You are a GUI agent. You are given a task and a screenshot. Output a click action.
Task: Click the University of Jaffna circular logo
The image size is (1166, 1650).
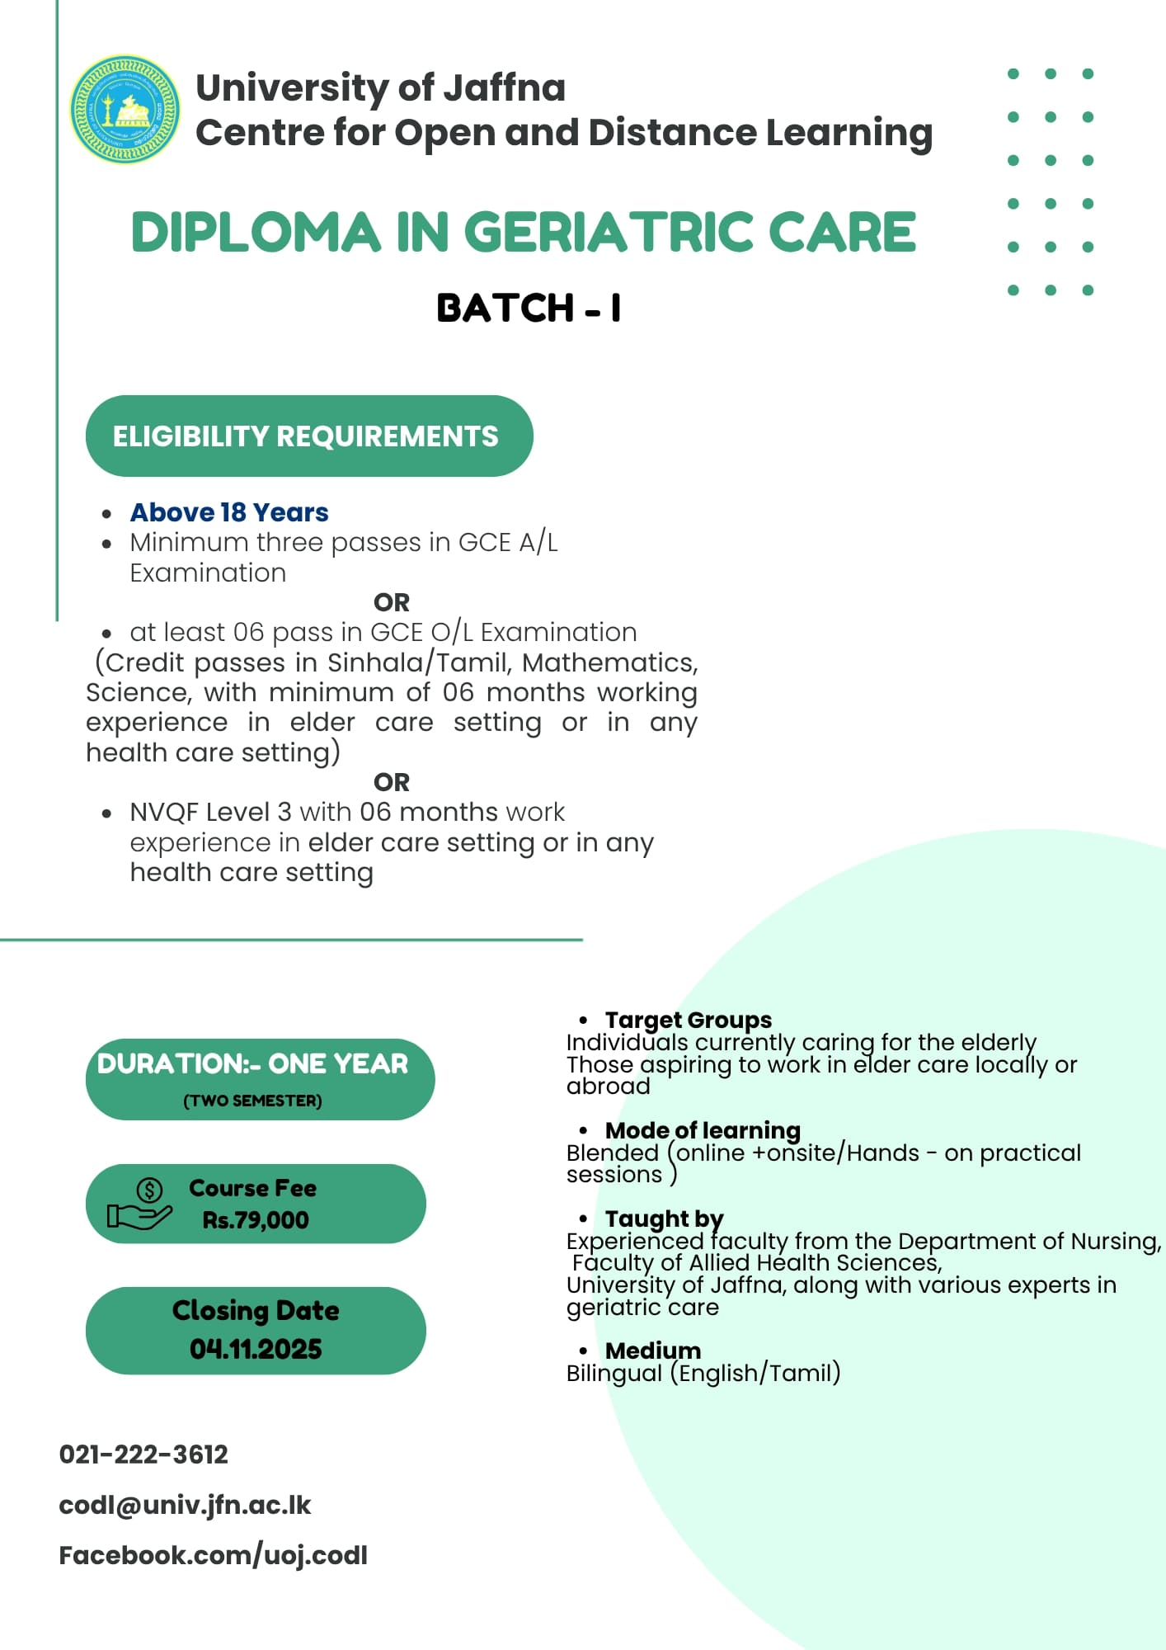[125, 109]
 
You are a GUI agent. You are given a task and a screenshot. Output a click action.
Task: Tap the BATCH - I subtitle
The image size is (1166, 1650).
[529, 308]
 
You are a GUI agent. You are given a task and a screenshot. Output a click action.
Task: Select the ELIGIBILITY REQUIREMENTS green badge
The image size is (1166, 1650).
[308, 436]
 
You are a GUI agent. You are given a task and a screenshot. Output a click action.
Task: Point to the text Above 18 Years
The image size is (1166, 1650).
[229, 512]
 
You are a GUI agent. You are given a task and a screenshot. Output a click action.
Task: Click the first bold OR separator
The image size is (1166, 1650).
[391, 602]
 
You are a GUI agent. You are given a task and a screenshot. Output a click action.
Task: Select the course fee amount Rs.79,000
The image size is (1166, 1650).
[256, 1220]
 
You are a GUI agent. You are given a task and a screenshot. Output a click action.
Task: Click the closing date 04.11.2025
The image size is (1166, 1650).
[256, 1349]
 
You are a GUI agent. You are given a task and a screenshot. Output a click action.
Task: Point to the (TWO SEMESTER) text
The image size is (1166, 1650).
[252, 1101]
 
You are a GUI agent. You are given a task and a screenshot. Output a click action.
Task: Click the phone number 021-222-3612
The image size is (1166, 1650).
[143, 1454]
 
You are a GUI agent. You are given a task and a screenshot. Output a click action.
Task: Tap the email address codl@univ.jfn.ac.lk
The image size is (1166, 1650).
[185, 1505]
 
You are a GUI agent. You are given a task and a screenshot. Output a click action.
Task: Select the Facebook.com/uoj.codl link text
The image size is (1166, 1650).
[213, 1555]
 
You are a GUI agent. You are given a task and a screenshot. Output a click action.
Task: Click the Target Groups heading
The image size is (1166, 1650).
[688, 1021]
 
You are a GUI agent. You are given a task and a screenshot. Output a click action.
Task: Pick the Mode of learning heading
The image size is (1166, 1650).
[703, 1130]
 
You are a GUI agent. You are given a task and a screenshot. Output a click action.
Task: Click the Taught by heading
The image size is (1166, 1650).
[664, 1219]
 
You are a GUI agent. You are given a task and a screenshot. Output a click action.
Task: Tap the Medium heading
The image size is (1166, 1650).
[652, 1351]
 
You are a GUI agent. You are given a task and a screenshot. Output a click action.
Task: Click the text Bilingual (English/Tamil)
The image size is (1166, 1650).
[703, 1373]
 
